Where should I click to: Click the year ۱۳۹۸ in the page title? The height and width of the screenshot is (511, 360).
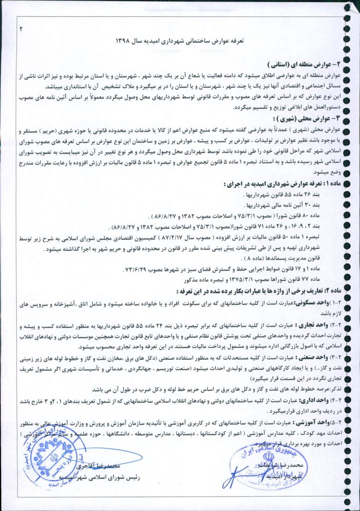point(124,38)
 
